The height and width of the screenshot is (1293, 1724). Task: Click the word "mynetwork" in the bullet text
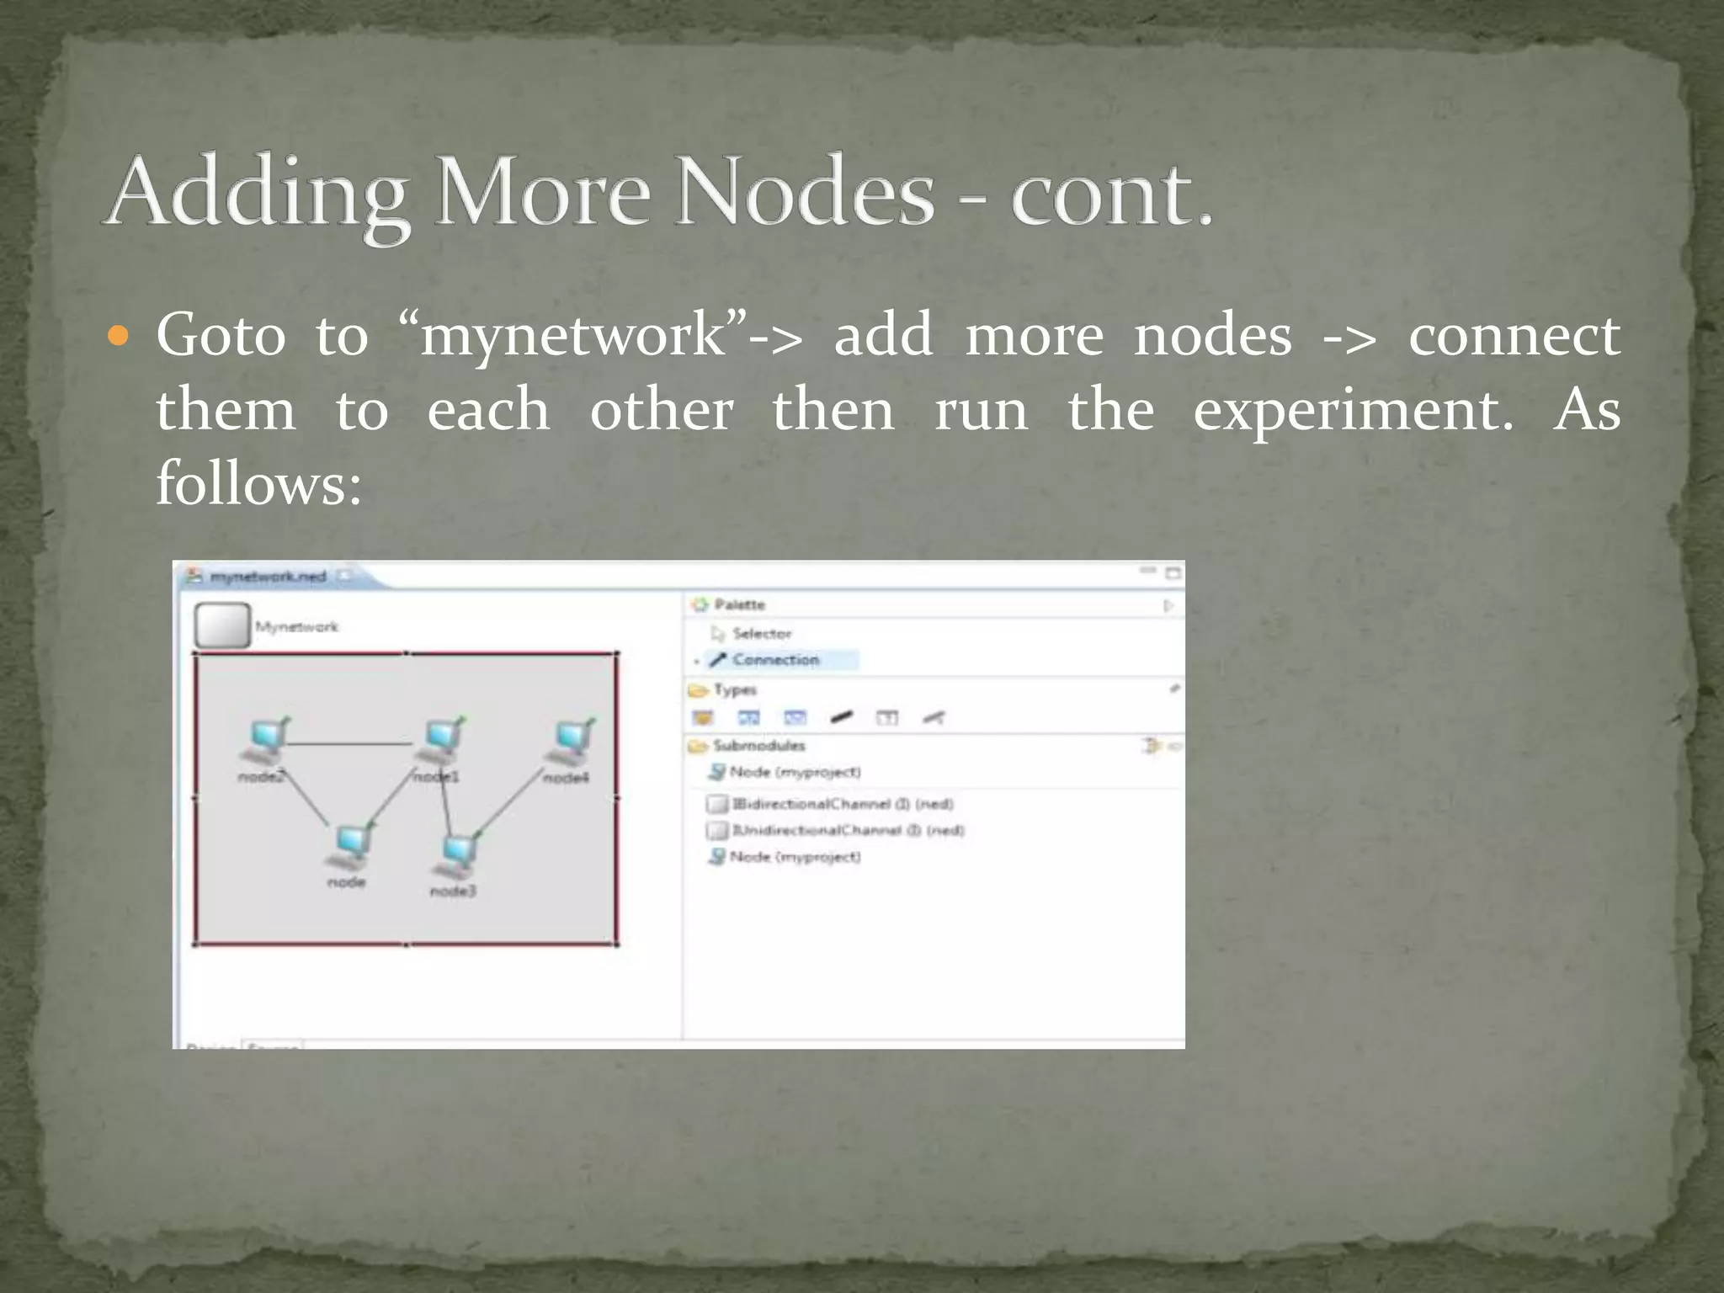click(572, 336)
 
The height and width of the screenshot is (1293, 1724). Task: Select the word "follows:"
click(258, 484)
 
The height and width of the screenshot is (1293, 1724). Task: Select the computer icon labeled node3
click(459, 855)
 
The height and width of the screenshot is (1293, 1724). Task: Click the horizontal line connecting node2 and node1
click(349, 744)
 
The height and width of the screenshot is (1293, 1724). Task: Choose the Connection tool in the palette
click(774, 660)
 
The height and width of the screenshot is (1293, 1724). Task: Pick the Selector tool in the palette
click(761, 633)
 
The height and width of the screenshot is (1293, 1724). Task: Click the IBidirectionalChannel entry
click(842, 804)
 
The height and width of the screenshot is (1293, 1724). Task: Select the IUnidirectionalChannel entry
click(847, 831)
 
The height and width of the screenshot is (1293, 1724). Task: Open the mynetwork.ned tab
click(267, 577)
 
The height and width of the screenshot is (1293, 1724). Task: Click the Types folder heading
click(734, 690)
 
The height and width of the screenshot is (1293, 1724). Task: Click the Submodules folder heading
click(758, 746)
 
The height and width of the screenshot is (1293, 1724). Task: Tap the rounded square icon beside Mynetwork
click(222, 625)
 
